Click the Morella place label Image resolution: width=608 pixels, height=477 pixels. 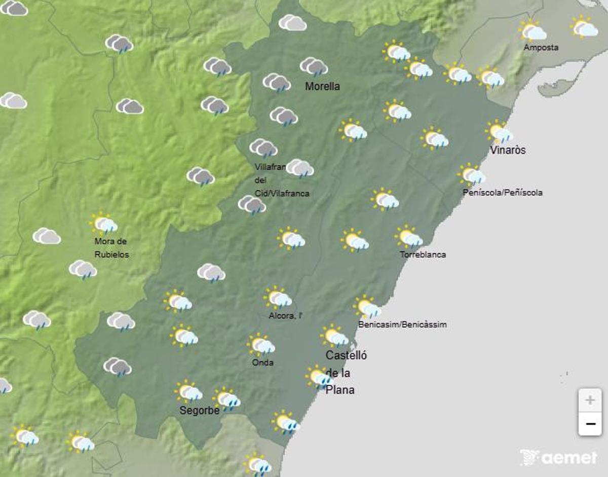(x=322, y=87)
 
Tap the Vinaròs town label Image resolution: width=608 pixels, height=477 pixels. (x=508, y=151)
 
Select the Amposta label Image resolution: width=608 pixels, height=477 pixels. (x=541, y=48)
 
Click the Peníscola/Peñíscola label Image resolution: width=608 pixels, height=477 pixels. (x=503, y=193)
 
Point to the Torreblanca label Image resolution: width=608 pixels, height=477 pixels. (x=423, y=254)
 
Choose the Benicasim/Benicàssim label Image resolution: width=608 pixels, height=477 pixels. (x=402, y=324)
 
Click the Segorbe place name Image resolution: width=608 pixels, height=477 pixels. (x=200, y=410)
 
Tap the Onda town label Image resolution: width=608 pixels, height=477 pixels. (x=262, y=362)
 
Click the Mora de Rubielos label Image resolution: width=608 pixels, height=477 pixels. (x=111, y=248)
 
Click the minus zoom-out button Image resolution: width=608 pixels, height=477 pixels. (x=590, y=424)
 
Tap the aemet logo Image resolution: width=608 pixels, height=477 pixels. (x=559, y=458)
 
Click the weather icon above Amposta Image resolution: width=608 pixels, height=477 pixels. (x=533, y=31)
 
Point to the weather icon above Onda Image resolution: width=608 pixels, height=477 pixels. (x=261, y=345)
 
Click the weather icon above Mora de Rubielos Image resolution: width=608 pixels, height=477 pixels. (x=104, y=223)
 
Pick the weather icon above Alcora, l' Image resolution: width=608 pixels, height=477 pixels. (x=278, y=298)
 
